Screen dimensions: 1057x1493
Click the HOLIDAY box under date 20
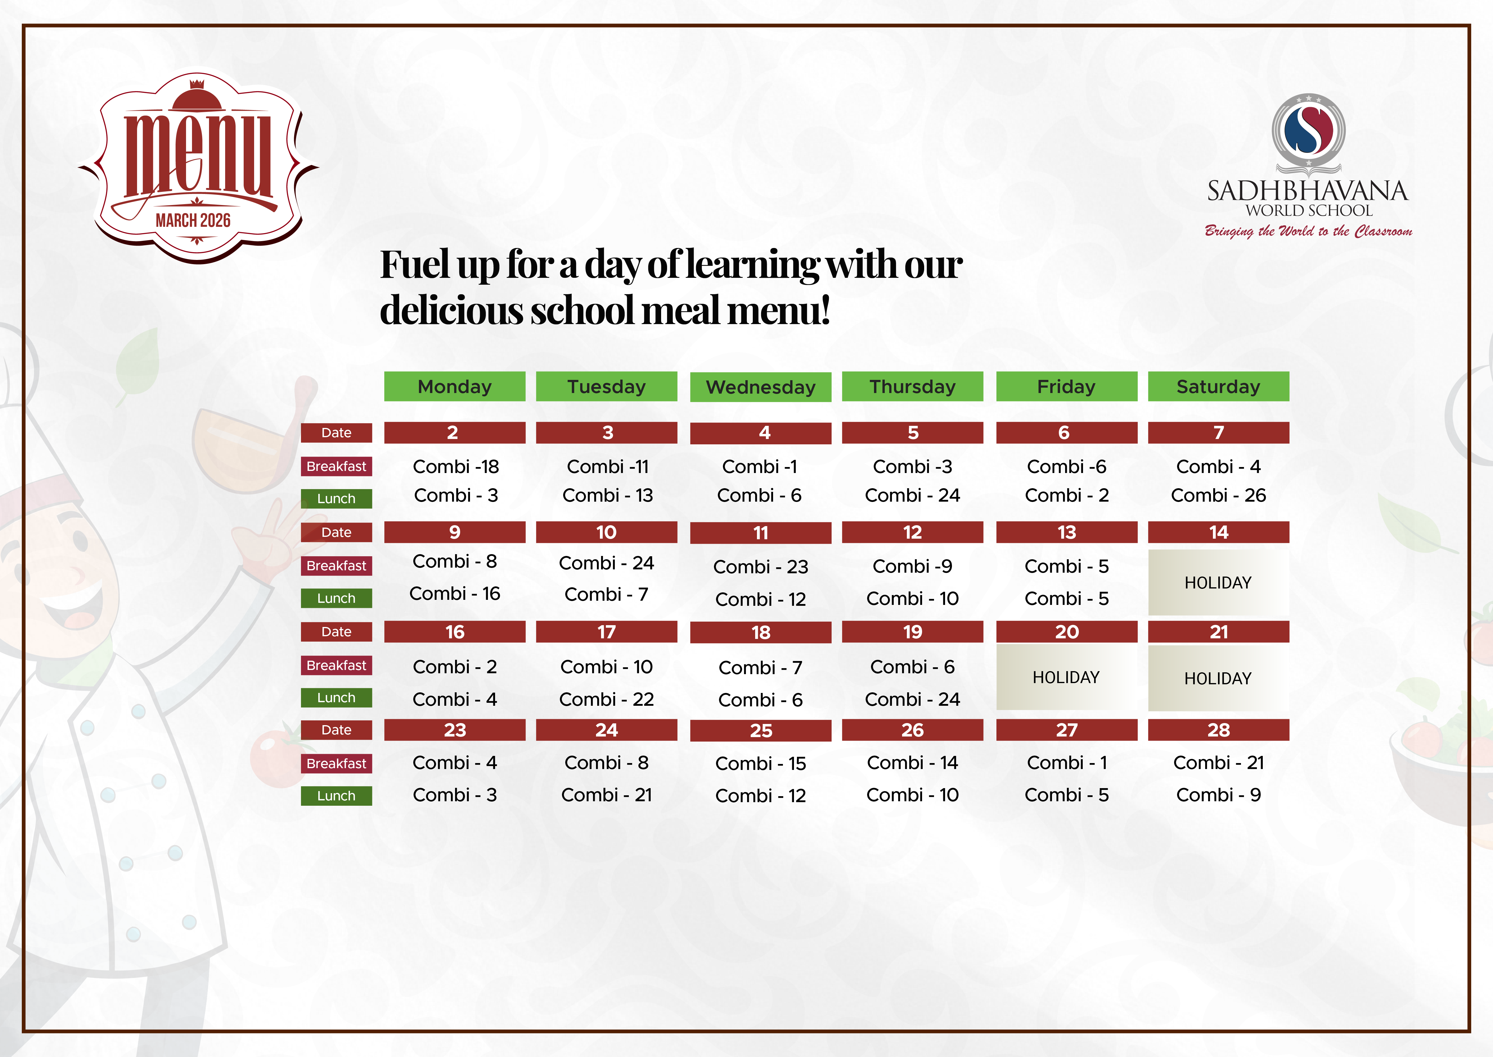(1066, 677)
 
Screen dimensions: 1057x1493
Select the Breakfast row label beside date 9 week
(336, 566)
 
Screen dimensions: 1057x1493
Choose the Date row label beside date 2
(336, 433)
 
